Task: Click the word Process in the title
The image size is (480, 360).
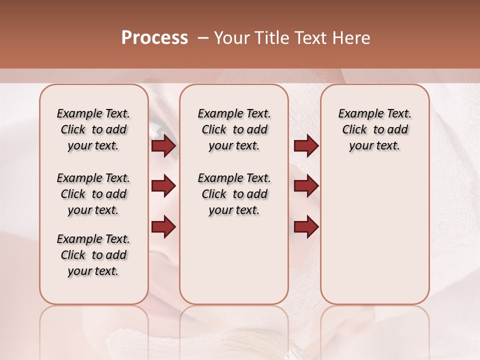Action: tap(154, 38)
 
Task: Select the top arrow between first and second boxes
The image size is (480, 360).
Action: tap(163, 146)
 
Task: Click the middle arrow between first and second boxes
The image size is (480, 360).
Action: tap(163, 186)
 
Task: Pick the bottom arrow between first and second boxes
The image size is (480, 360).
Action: tap(163, 226)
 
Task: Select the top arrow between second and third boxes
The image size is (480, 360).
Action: tap(306, 146)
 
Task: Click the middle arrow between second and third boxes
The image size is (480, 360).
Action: tap(306, 186)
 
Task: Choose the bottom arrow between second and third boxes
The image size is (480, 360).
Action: tap(306, 226)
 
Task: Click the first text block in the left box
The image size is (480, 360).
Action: tap(93, 129)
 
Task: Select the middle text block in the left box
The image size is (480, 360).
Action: tap(93, 194)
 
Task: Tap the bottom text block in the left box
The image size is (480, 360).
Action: tap(93, 255)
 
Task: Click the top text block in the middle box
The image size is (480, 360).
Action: tap(234, 129)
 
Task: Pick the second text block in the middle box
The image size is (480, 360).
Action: tap(234, 194)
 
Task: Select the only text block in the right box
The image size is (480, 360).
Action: tap(374, 129)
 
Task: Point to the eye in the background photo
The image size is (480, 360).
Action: tap(159, 131)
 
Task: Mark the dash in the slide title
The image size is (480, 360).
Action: tap(203, 38)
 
